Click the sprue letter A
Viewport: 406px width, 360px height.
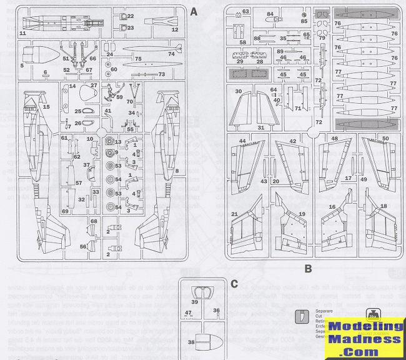(194, 11)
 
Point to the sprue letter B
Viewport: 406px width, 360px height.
(307, 269)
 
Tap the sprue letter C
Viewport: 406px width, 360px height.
(234, 284)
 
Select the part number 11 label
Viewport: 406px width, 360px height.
(23, 32)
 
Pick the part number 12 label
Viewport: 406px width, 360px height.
(174, 29)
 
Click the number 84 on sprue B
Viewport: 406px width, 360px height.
(270, 13)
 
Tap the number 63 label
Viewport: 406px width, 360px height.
(245, 11)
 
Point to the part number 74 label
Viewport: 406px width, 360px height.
(171, 53)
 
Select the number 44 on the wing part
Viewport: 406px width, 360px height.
(242, 141)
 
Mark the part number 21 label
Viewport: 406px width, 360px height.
(235, 214)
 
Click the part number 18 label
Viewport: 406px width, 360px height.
(383, 206)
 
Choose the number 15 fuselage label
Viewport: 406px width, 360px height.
(46, 107)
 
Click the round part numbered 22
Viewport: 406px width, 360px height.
(122, 16)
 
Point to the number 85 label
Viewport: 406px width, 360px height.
(305, 21)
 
